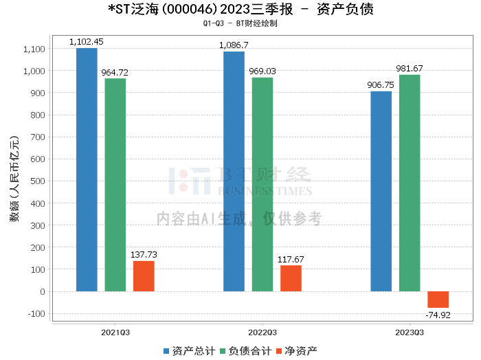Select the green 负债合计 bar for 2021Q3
click(x=115, y=185)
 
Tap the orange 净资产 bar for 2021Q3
click(x=144, y=276)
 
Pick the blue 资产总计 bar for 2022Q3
click(x=234, y=171)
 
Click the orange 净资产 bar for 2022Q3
click(x=291, y=278)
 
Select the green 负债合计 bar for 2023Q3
click(x=410, y=183)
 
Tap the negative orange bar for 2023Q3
click(x=438, y=300)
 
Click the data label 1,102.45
click(x=87, y=42)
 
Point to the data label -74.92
click(x=438, y=315)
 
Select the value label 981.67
click(x=410, y=69)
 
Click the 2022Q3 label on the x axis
click(x=262, y=331)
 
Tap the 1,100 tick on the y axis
click(x=34, y=49)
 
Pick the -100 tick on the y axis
click(x=36, y=314)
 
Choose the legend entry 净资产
click(x=296, y=350)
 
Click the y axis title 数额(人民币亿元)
click(x=13, y=181)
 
